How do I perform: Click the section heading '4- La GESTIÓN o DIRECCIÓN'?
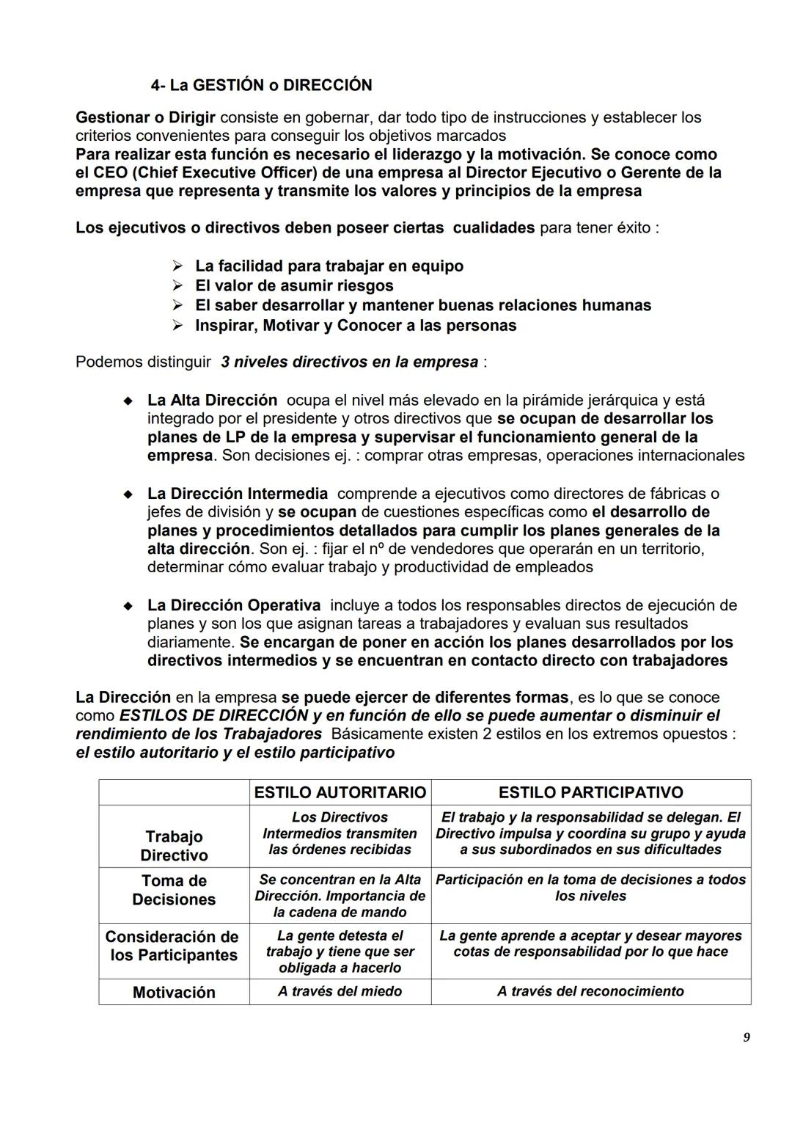point(261,85)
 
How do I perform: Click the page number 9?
point(747,1037)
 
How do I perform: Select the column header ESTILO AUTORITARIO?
point(340,792)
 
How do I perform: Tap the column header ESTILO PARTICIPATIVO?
point(590,792)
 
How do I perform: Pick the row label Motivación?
point(174,992)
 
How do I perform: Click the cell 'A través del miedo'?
point(340,991)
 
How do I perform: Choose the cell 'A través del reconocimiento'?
point(590,991)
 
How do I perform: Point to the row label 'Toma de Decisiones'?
point(174,890)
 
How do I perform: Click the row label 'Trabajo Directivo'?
point(174,846)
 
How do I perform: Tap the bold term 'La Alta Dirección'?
point(212,401)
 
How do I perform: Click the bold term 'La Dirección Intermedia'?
point(237,494)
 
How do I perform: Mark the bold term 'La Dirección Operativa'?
point(233,605)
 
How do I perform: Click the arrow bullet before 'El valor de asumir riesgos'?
point(177,285)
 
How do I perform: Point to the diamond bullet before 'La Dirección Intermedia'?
point(128,494)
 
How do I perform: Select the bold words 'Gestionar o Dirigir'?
point(145,117)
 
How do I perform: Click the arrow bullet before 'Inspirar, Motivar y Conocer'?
point(177,325)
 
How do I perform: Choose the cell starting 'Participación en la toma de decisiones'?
point(590,887)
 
